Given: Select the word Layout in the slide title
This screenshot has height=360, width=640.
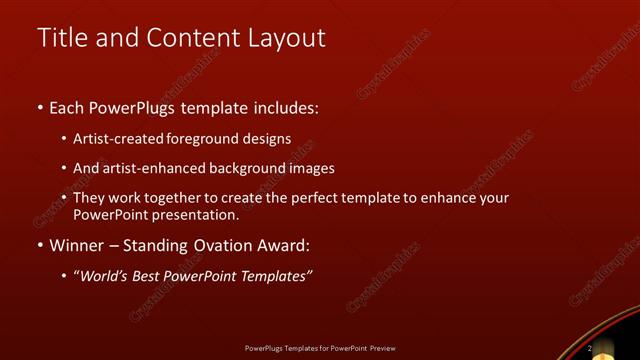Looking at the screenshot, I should click(x=288, y=38).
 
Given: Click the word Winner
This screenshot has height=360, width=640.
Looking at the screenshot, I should click(x=79, y=245).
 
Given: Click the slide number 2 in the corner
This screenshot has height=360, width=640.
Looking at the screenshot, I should click(x=589, y=348).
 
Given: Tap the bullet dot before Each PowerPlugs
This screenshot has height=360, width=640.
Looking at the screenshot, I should click(x=40, y=107).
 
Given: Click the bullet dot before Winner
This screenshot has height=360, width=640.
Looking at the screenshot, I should click(x=40, y=246).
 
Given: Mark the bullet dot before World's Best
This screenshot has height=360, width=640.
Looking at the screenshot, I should click(x=65, y=277).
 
